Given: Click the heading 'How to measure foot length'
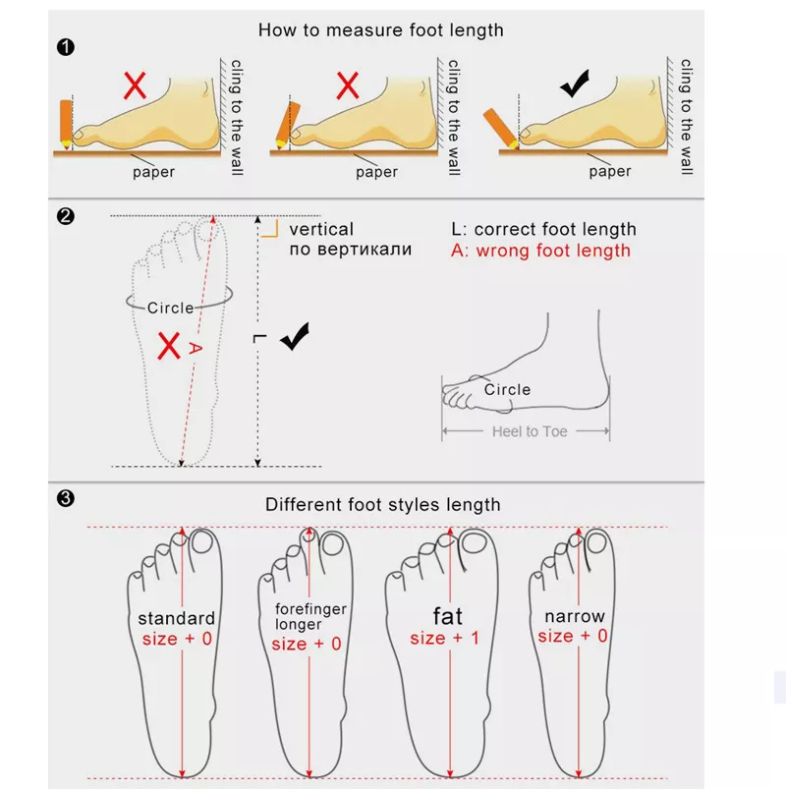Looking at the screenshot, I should point(380,30).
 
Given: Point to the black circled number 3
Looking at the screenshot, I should point(65,499).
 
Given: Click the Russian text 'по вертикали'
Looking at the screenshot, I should point(351,250).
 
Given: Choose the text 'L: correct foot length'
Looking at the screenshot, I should point(543,230).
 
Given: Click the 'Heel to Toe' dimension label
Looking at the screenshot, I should point(530,431).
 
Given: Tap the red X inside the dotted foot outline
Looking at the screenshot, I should point(169,345).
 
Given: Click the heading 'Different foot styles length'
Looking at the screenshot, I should point(382,505).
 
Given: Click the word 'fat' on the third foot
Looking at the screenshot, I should point(447,616).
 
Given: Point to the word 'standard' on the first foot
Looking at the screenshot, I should point(176,619).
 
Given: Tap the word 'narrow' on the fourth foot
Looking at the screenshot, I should point(575,617).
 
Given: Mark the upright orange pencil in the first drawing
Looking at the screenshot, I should point(66,121).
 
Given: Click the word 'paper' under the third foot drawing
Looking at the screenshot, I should point(609,172).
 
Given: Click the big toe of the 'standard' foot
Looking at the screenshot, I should point(204,544).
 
